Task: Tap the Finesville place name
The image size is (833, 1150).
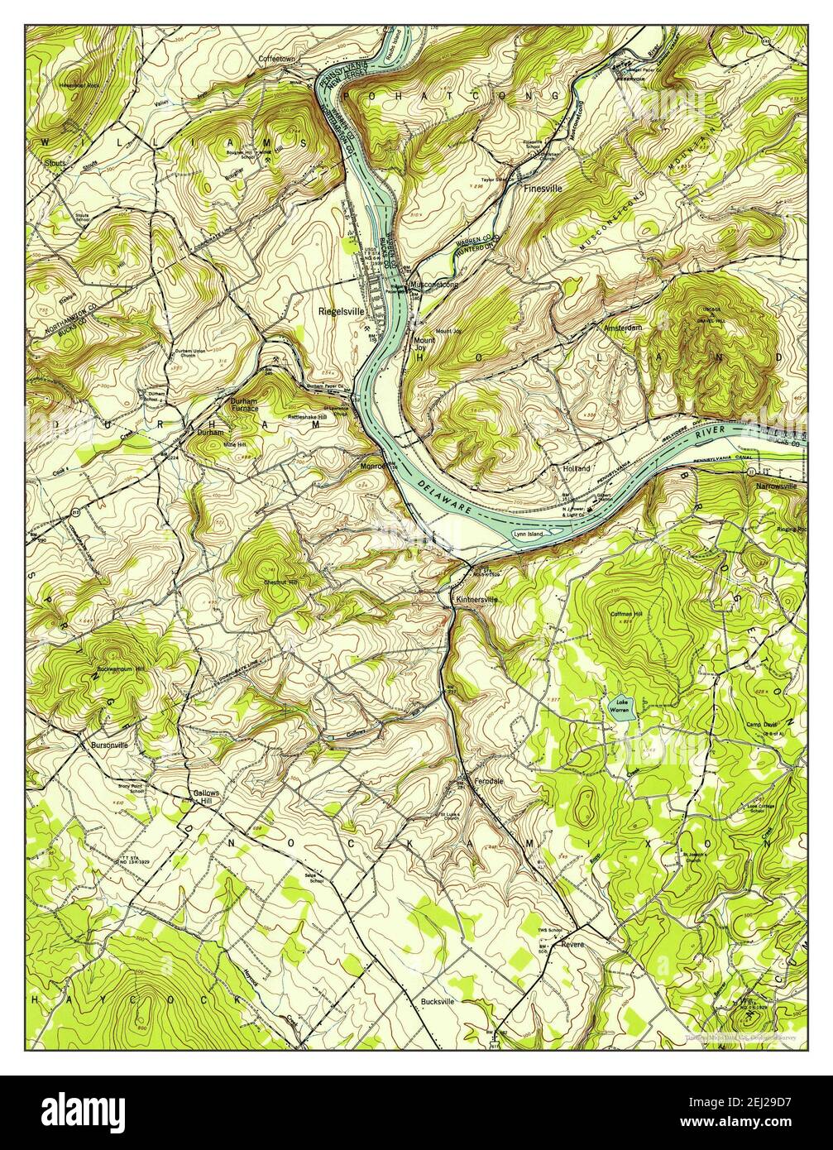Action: coord(542,188)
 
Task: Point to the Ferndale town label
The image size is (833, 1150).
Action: coord(489,780)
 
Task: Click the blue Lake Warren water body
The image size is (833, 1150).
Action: coord(620,711)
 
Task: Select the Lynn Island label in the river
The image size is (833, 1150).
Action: coord(529,534)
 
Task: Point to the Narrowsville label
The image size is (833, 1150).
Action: coord(775,486)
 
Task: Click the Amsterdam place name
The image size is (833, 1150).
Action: coord(622,328)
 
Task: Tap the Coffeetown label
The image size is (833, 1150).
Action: coord(276,60)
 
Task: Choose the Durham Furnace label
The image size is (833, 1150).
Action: coord(244,405)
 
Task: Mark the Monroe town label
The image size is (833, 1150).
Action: coord(373,466)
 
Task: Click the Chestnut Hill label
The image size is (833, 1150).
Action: coord(281,583)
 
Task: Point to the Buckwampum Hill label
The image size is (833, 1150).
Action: coord(120,668)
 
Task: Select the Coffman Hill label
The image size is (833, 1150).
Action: coord(626,614)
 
